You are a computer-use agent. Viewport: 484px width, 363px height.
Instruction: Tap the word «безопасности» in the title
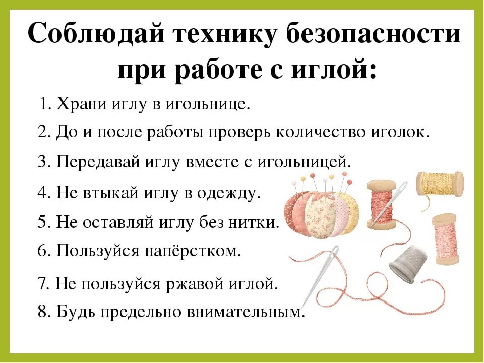[x=374, y=33]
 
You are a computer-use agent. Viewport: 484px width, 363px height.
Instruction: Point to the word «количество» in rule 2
[x=320, y=132]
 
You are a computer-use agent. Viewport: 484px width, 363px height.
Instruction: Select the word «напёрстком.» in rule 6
[x=193, y=252]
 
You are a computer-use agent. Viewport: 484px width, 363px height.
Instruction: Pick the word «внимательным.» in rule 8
[x=246, y=312]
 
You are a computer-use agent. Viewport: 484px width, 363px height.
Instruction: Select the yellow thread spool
[x=440, y=184]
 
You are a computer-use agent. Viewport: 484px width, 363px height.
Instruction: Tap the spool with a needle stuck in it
[x=381, y=205]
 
